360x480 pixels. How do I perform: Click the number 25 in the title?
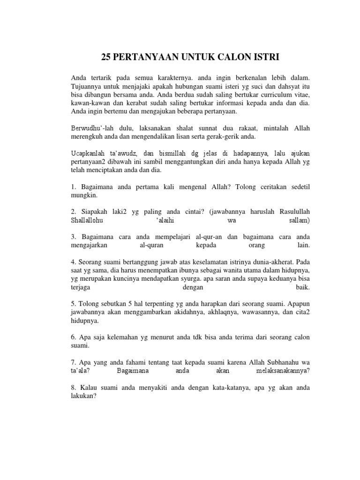[107, 57]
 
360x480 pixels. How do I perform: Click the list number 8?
[73, 389]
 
